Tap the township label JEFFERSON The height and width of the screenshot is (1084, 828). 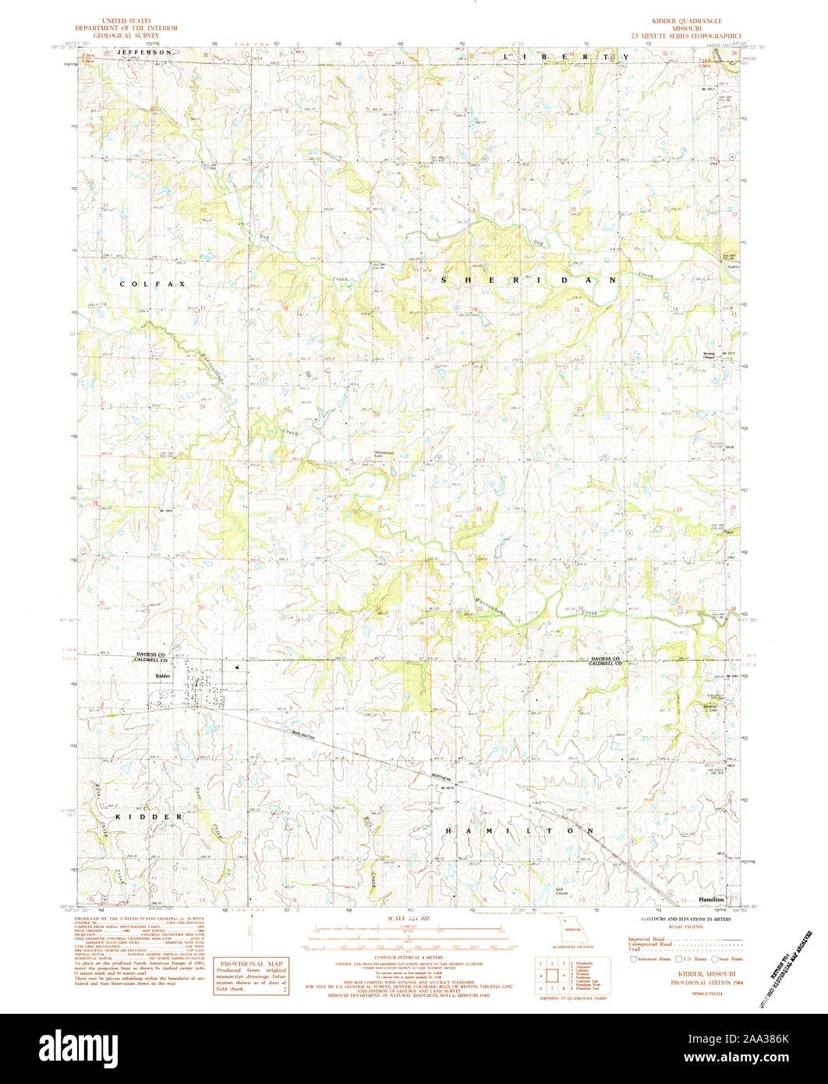[x=144, y=51]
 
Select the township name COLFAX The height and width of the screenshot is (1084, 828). [x=153, y=285]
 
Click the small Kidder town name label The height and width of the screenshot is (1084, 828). [x=163, y=675]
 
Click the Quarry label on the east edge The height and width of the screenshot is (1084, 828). [x=732, y=266]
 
